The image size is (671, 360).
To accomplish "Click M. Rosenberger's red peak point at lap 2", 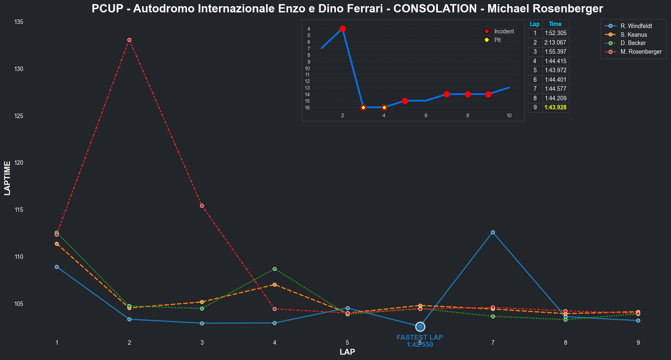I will click(129, 40).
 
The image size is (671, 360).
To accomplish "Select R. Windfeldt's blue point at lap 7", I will click(493, 232).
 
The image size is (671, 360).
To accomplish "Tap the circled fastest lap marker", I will click(420, 327).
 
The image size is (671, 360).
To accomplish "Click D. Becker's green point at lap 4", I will click(274, 269).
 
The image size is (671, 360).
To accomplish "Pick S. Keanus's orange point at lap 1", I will click(57, 244).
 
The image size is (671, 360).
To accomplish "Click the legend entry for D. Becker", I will click(633, 43).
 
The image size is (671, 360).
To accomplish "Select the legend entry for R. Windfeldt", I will click(636, 26).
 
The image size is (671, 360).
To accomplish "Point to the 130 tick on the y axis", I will click(19, 69).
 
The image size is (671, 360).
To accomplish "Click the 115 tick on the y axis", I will click(19, 210).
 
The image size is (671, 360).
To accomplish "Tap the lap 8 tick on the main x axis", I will click(565, 343).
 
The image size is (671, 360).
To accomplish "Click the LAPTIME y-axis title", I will click(7, 178).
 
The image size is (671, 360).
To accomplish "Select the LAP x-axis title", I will click(347, 352).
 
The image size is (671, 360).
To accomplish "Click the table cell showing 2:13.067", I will click(555, 43).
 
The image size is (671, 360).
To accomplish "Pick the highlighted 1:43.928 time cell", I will click(555, 108).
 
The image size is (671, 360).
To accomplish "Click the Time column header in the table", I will click(555, 24).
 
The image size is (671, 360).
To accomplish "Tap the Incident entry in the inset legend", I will click(504, 31).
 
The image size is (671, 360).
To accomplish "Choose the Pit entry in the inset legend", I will click(497, 40).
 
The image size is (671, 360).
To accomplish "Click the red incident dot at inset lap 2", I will click(343, 29).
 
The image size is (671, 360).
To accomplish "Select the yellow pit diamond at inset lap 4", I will click(384, 107).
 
